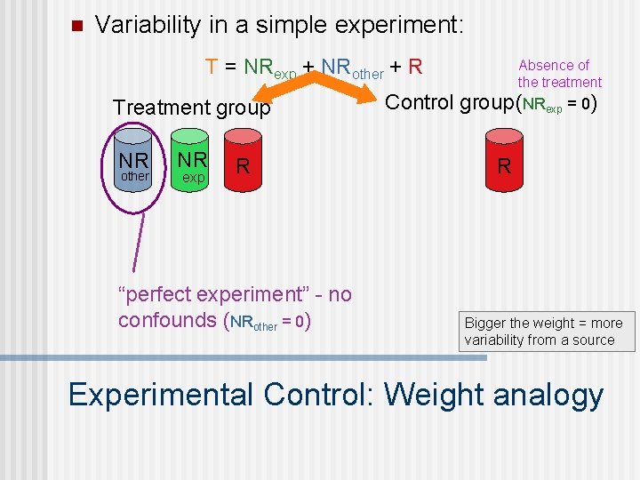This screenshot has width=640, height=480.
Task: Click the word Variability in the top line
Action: (x=148, y=25)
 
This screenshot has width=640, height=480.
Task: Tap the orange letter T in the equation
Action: (x=212, y=67)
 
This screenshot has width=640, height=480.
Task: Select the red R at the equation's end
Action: (x=415, y=67)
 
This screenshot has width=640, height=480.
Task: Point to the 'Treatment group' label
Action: (x=191, y=108)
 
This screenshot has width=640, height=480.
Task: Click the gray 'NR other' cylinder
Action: (x=135, y=164)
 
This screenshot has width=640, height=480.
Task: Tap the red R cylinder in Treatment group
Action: (x=243, y=164)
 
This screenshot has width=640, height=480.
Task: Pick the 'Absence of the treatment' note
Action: (x=559, y=74)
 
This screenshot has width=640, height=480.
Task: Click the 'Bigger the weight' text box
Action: (x=548, y=332)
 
